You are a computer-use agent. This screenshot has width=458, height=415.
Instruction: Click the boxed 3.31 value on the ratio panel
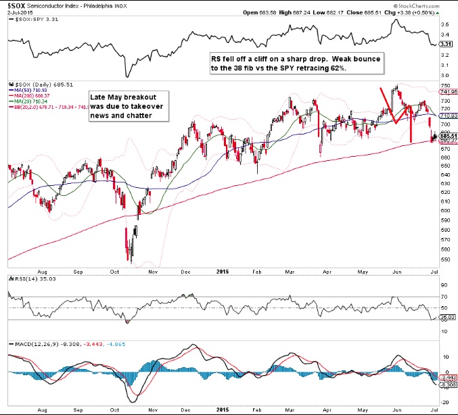pos(445,44)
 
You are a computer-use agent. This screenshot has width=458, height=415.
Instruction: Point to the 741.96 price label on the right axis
pos(446,91)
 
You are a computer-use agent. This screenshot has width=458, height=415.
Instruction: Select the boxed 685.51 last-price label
pos(446,137)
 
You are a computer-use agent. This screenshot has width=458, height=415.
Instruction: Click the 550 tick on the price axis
pos(444,258)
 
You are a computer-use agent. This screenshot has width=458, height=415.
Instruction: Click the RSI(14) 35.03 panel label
pos(24,277)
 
